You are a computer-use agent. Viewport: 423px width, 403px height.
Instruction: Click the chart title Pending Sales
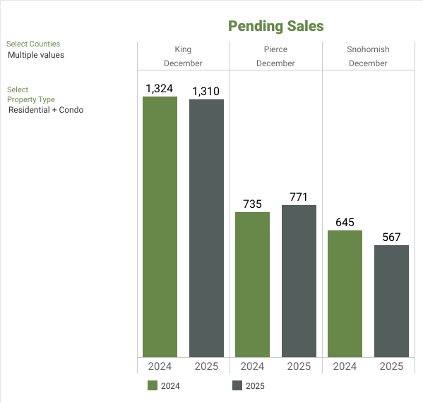point(275,26)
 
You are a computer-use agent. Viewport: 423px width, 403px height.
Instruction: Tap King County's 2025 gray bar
point(206,228)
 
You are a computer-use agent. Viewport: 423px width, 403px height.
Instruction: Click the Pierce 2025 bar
point(299,281)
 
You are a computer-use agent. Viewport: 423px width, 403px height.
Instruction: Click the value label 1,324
point(160,88)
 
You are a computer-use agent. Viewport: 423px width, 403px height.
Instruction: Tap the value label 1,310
point(206,91)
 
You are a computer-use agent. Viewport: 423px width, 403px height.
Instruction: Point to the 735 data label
point(252,204)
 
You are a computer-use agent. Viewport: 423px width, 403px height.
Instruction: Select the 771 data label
point(299,197)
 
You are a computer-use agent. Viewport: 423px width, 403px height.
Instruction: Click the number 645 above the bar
point(345,222)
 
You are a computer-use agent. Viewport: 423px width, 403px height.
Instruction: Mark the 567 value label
point(391,237)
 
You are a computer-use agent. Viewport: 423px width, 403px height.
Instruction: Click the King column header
point(183,49)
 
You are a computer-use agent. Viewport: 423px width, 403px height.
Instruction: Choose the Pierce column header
point(275,49)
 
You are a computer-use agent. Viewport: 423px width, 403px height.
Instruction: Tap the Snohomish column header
point(368,49)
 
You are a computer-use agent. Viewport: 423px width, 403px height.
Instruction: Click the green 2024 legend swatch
point(153,385)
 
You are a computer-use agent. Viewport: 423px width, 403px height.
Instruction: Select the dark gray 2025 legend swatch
point(237,385)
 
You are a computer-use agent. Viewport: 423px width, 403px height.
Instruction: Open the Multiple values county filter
point(36,55)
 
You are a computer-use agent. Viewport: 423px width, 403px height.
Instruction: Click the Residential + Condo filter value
point(46,110)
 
